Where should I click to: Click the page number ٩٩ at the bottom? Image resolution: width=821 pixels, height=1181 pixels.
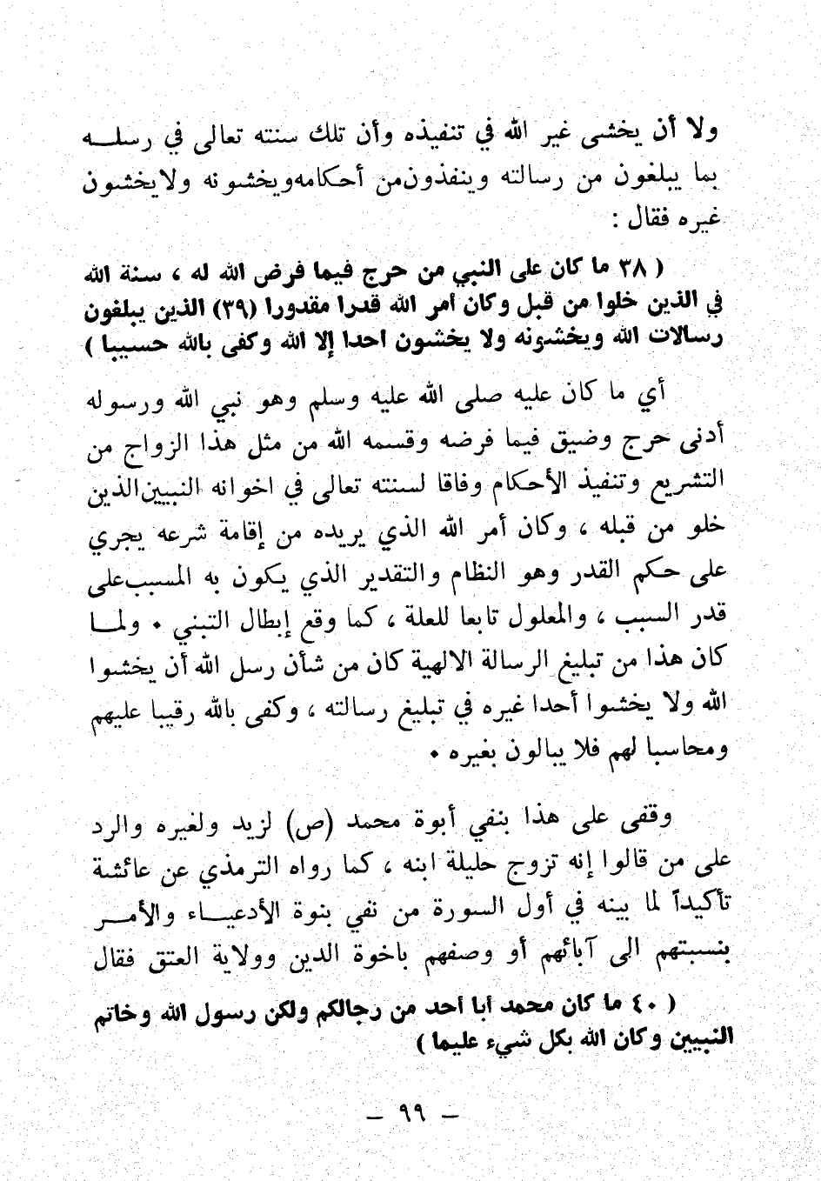click(x=410, y=1112)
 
